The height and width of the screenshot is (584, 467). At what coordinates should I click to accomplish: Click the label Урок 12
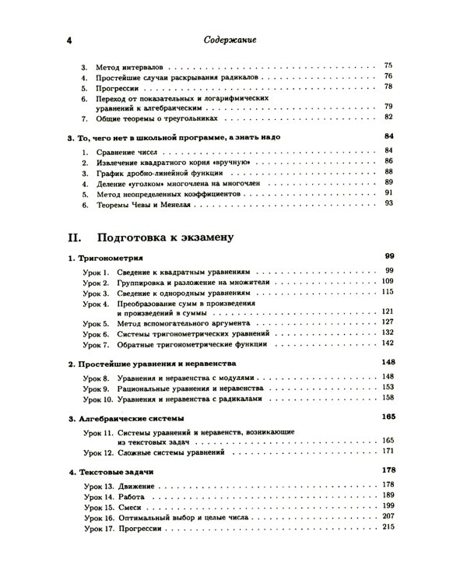99,451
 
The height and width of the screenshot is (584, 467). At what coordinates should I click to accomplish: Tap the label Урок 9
97,387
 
